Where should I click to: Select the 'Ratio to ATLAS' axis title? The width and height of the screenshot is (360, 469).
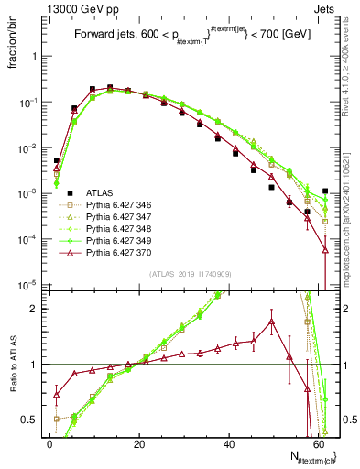pyautogui.click(x=13, y=366)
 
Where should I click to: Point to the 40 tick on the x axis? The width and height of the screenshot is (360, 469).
pyautogui.click(x=229, y=443)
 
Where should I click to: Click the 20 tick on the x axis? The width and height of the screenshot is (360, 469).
pyautogui.click(x=139, y=443)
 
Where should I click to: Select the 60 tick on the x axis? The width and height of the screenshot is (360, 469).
pyautogui.click(x=318, y=443)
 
